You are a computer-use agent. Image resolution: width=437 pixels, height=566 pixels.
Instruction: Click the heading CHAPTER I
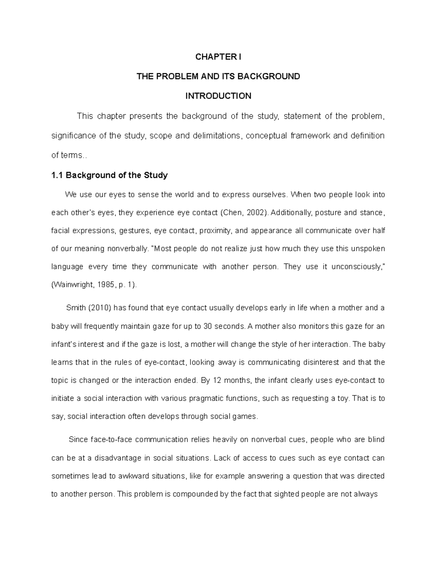[218, 57]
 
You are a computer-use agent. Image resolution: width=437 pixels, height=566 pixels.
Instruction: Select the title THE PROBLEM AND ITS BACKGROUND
[218, 77]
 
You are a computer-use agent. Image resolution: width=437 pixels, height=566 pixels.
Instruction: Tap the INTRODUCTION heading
[218, 96]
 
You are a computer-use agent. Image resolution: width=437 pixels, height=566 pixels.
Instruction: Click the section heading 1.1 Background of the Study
[110, 175]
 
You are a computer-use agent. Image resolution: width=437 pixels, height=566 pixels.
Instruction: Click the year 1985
[106, 285]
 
